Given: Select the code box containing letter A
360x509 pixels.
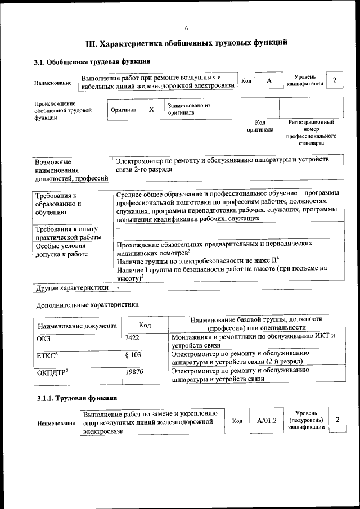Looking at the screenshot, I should [x=269, y=81].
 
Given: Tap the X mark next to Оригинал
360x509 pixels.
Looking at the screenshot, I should [x=151, y=110].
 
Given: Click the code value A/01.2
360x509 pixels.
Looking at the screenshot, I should [x=267, y=420].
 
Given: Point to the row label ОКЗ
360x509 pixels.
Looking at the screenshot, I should [x=44, y=338].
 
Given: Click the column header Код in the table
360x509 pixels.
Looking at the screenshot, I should [x=145, y=325].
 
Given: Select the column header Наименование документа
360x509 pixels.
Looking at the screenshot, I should [x=78, y=326].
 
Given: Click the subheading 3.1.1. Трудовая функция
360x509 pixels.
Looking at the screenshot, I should [x=76, y=398].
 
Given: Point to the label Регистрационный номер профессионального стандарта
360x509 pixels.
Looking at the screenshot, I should [x=311, y=133].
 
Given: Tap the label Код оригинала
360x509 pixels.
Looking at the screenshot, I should [x=260, y=126].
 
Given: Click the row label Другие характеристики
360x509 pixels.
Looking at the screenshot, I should [x=72, y=288].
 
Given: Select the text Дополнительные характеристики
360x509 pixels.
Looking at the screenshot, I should [x=87, y=304].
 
